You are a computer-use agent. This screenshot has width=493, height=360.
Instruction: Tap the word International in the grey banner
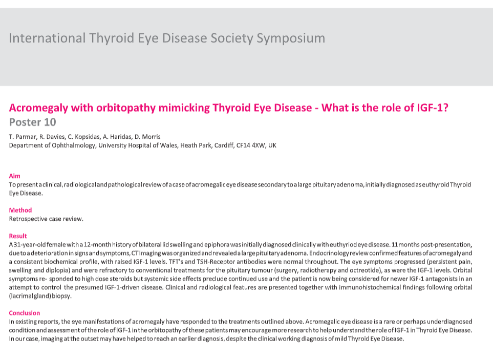pyautogui.click(x=47, y=38)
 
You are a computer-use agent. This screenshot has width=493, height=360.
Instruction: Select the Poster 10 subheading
pyautogui.click(x=32, y=122)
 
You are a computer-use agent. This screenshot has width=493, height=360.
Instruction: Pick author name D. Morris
pyautogui.click(x=147, y=137)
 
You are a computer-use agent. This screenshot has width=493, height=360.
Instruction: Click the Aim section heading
pyautogui.click(x=14, y=176)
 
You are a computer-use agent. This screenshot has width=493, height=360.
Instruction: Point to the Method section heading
pyautogui.click(x=20, y=210)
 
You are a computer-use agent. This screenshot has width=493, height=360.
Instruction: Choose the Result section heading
pyautogui.click(x=18, y=236)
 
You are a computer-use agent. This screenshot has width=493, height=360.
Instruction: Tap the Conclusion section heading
pyautogui.click(x=25, y=313)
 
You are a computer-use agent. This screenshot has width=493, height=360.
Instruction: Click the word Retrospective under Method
pyautogui.click(x=28, y=219)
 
